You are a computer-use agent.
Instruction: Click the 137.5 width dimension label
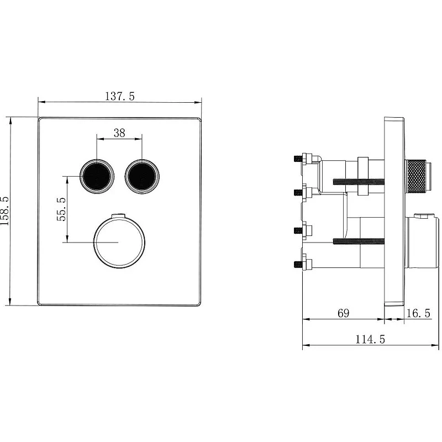pyautogui.click(x=120, y=96)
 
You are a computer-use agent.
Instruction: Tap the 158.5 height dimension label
pyautogui.click(x=5, y=211)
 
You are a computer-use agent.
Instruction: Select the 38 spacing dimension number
pyautogui.click(x=119, y=133)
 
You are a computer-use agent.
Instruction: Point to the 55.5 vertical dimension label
pyautogui.click(x=61, y=209)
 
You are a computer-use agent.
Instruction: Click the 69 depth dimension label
pyautogui.click(x=343, y=313)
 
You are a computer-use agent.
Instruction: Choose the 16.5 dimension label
pyautogui.click(x=418, y=313)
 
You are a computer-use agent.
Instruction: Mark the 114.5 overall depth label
pyautogui.click(x=370, y=339)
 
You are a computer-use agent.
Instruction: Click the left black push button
pyautogui.click(x=97, y=176)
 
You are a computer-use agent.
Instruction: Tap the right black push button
pyautogui.click(x=142, y=176)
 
